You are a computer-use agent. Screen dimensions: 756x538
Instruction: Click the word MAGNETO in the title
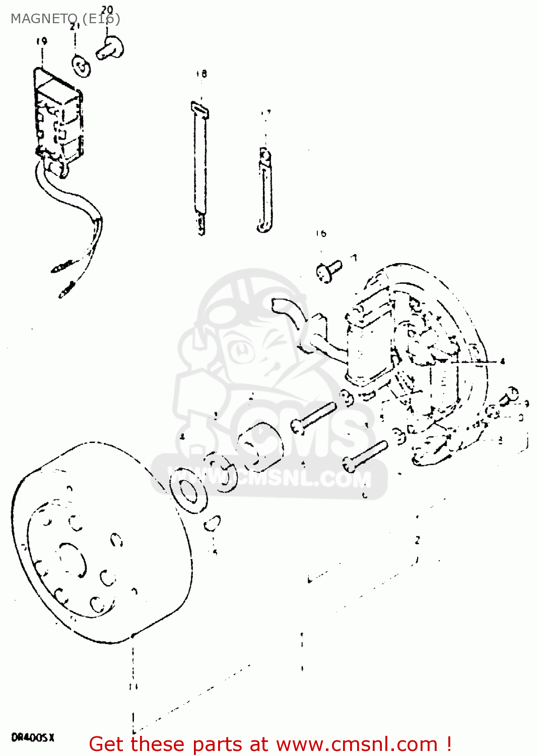coord(43,19)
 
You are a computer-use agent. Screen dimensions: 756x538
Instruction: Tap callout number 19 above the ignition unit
coord(41,41)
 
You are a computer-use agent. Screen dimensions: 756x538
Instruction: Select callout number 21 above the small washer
coord(75,26)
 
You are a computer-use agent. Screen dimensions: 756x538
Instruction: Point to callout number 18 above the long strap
coord(201,74)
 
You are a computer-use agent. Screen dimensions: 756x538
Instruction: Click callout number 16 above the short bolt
coord(321,233)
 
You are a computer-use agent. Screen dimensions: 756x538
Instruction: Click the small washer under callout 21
coord(82,66)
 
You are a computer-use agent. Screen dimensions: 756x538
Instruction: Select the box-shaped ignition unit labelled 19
coord(57,118)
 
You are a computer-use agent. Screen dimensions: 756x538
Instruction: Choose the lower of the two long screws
coord(365,454)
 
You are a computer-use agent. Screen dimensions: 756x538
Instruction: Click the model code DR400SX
coord(33,737)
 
